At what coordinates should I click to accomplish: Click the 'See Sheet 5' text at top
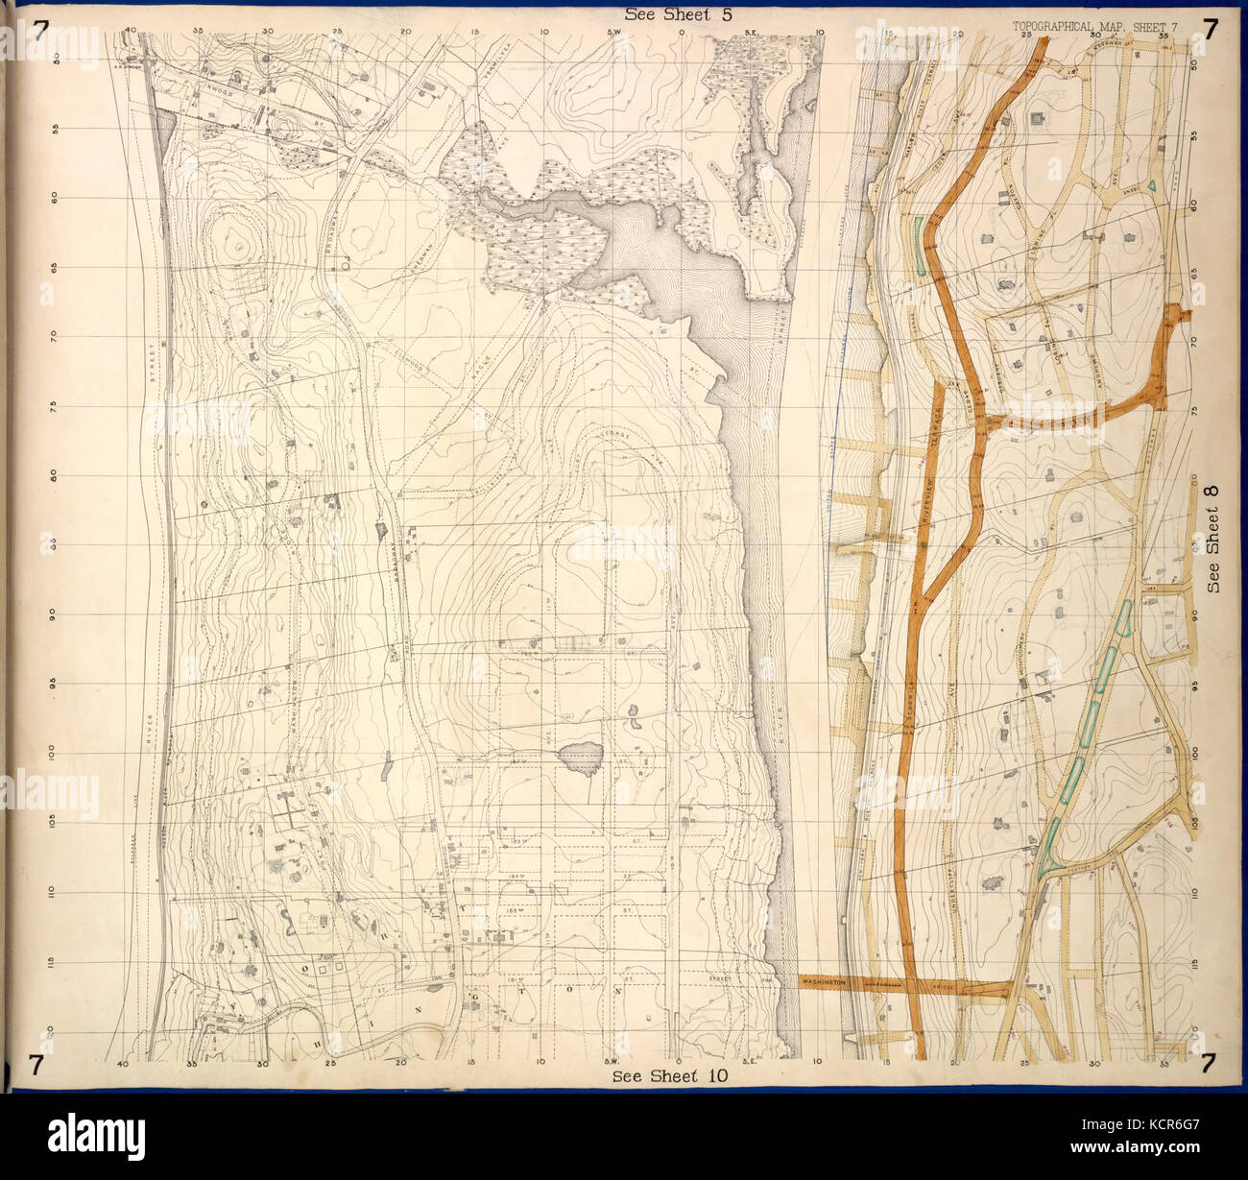670,13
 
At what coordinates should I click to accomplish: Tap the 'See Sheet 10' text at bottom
670,1076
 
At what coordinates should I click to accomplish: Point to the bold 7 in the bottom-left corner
36,1064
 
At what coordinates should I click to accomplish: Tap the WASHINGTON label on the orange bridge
824,983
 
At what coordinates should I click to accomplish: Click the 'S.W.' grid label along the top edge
614,32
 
